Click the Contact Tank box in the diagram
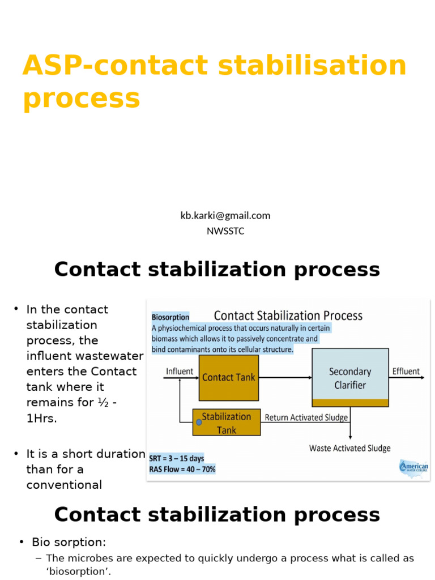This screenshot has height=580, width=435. point(229,377)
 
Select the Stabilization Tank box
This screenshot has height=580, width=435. point(227,423)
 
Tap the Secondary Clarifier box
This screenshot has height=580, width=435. point(350,378)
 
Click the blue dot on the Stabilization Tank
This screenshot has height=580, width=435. point(199,422)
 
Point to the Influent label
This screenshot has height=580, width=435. point(179,372)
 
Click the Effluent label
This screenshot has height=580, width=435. point(406,372)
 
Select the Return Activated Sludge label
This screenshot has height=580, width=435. point(306,418)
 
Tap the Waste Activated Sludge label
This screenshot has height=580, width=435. point(349,448)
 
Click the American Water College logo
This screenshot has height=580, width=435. point(413,468)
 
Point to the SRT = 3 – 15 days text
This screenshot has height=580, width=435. point(177,458)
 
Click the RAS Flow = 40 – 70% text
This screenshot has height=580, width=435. point(182,469)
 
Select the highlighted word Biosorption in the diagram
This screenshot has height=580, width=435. point(170,317)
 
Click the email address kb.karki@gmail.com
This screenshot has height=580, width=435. point(225,215)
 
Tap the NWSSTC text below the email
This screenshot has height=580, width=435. point(225,231)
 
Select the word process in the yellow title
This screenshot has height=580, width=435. point(81,99)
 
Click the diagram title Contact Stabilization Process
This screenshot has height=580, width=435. point(288,315)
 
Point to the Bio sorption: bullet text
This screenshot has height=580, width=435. point(69,542)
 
